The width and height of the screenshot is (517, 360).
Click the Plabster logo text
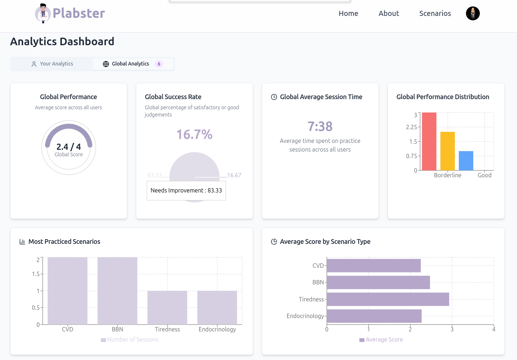78,13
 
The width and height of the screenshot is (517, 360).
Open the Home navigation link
348,13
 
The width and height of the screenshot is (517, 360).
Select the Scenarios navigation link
435,13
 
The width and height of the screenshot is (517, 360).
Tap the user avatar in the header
473,13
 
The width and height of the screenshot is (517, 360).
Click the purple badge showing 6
159,64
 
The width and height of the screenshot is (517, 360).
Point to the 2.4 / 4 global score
69,147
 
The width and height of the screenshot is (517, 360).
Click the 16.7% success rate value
194,135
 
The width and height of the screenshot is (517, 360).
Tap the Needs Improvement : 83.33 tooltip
186,190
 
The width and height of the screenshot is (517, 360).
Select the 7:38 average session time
320,126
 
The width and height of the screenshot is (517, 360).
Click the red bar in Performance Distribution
429,141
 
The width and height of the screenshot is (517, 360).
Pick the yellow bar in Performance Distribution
448,151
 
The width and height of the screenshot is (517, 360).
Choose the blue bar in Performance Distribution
466,161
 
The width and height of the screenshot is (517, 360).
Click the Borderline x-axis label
448,175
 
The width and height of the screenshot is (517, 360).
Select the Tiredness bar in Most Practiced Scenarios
167,308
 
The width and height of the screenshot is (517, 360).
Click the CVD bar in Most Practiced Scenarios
68,291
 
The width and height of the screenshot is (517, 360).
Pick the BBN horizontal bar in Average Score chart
378,282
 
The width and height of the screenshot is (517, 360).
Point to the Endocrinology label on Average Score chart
305,316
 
